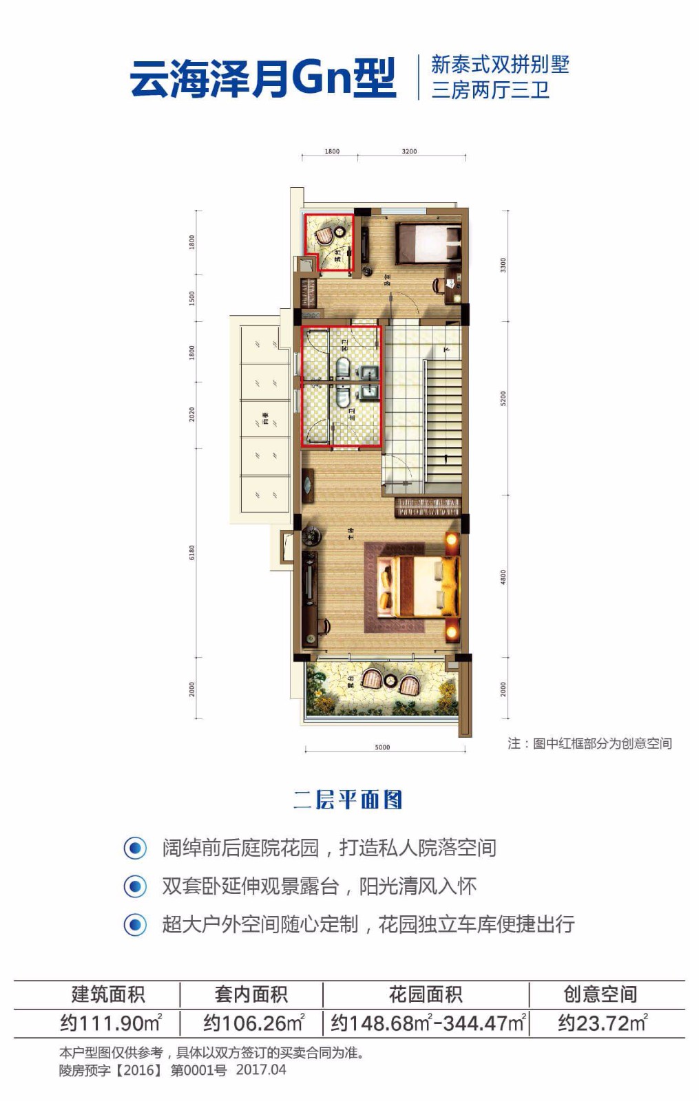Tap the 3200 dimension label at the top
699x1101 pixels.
(409, 151)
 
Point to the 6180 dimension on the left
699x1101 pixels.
(192, 552)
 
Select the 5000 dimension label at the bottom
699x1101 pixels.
(382, 747)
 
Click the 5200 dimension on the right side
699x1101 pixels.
(503, 398)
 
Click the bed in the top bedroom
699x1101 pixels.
(428, 242)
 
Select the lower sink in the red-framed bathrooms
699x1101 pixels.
(369, 392)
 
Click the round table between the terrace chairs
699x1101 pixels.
(390, 681)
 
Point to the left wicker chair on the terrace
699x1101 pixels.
(372, 679)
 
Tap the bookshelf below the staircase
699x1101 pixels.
(428, 507)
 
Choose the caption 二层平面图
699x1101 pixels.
(348, 800)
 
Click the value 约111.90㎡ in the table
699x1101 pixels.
(110, 1023)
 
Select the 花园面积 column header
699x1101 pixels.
(426, 994)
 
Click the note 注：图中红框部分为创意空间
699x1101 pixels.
(590, 743)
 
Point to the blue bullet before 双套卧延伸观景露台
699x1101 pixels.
(135, 886)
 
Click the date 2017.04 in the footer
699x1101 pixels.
(261, 1069)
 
